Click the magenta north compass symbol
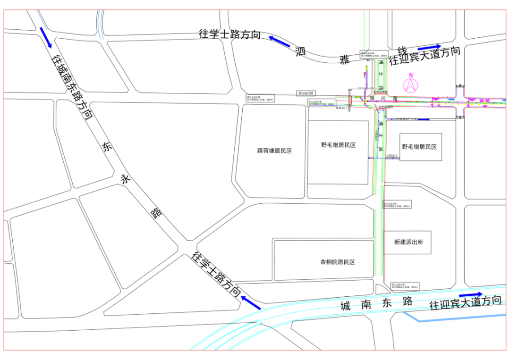pyautogui.click(x=411, y=84)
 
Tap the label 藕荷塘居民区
pyautogui.click(x=274, y=151)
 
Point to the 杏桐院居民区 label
pyautogui.click(x=337, y=262)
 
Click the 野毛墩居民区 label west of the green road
pyautogui.click(x=338, y=145)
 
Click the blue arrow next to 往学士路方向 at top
pyautogui.click(x=279, y=41)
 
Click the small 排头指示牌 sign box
pyautogui.click(x=306, y=93)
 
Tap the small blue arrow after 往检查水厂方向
pyautogui.click(x=424, y=119)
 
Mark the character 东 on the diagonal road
pyautogui.click(x=106, y=147)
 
